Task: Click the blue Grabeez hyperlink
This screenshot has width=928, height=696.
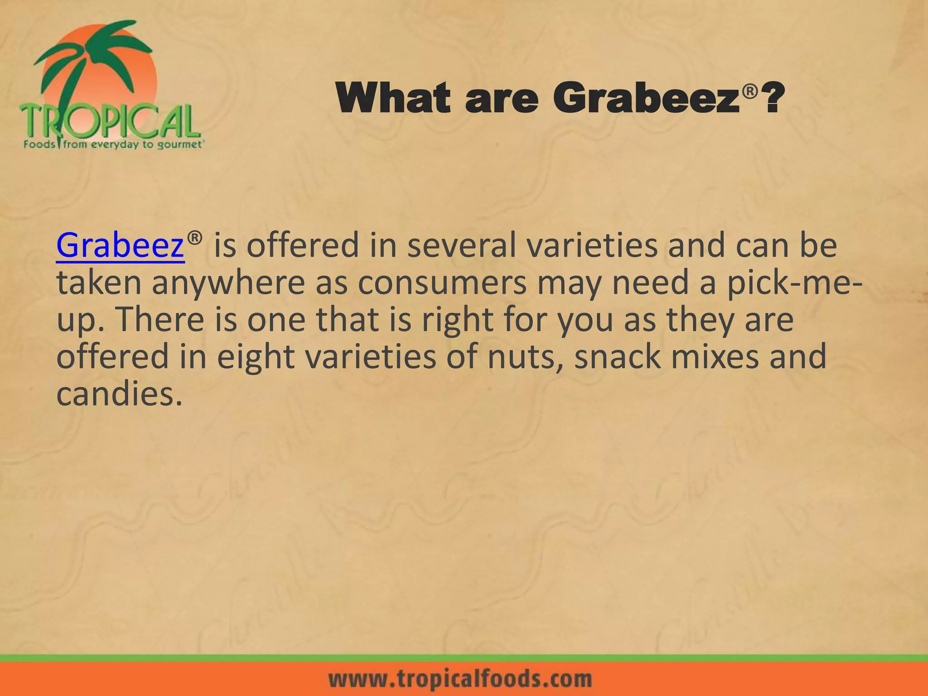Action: point(120,245)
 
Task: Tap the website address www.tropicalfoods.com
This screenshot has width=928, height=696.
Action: point(460,679)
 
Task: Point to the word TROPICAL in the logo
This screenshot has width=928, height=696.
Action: point(109,121)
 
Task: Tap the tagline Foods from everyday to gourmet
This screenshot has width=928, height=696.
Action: point(113,145)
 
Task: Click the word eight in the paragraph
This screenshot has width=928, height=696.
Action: point(256,357)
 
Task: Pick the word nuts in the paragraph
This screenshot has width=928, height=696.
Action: point(527,357)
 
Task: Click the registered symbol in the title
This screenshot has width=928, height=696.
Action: point(750,92)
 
